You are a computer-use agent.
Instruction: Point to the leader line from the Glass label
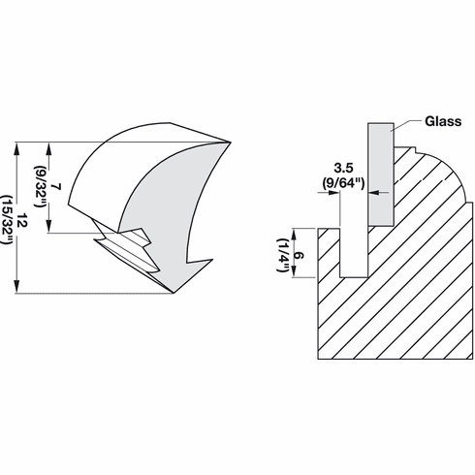click(408, 124)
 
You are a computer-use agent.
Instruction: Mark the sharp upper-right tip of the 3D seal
click(231, 143)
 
